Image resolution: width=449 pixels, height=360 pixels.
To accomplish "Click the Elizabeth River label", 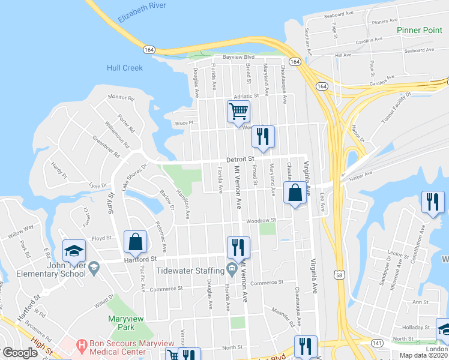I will click(x=142, y=13).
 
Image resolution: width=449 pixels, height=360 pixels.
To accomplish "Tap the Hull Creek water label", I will click(x=125, y=68).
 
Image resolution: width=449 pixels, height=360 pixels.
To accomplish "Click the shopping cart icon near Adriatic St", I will click(x=238, y=111).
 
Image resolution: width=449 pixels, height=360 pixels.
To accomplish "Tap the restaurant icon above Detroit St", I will click(x=263, y=136).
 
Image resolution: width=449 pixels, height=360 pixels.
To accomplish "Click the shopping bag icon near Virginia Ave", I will click(x=294, y=194).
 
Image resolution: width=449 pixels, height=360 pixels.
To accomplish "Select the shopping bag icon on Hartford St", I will click(x=135, y=241).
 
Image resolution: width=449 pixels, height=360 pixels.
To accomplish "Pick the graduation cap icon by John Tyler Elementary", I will click(x=74, y=250).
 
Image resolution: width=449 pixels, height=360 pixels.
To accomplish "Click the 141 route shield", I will click(x=376, y=342).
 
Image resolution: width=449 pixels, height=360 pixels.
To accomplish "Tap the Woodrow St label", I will click(x=260, y=221).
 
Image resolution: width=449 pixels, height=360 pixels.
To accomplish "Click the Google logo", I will click(x=20, y=353).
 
